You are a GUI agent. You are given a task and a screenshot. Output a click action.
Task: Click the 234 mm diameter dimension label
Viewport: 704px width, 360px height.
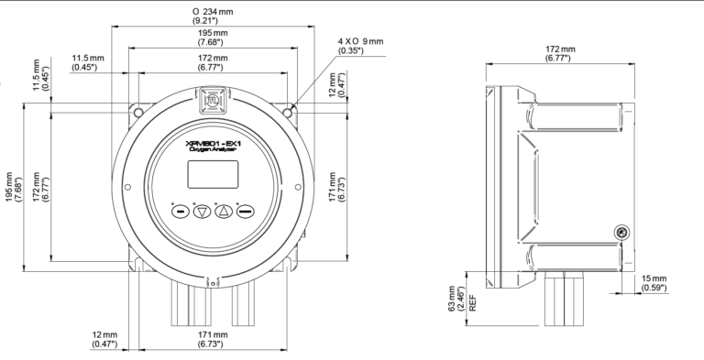point(213,16)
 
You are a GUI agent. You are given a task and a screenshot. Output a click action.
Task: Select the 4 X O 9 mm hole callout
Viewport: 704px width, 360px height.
point(360,46)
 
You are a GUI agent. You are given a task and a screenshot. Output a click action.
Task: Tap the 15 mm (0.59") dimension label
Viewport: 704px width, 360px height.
point(654,283)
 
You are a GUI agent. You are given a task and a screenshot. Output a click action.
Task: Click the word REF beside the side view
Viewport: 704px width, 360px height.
point(472,303)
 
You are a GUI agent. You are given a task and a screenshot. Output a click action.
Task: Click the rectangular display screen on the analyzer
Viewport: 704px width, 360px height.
point(213,175)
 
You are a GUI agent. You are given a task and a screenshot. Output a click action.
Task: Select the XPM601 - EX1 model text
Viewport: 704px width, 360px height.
point(214,144)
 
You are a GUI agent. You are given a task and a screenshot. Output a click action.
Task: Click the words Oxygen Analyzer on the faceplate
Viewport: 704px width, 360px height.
point(213,151)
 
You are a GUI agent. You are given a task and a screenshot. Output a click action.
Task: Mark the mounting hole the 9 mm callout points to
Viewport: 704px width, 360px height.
point(288,113)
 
